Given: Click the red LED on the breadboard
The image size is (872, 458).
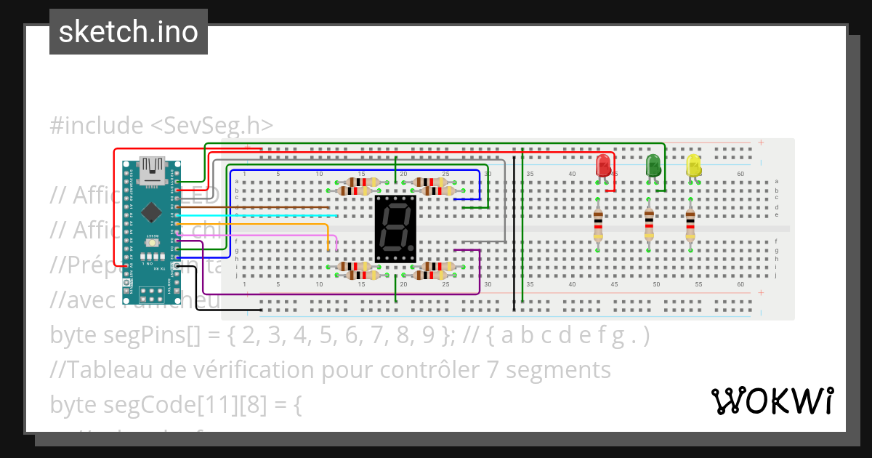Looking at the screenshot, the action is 603,166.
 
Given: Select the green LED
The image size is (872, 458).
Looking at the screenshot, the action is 653,166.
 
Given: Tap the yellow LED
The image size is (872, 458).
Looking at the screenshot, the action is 694,166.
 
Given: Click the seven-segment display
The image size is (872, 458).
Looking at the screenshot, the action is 395,228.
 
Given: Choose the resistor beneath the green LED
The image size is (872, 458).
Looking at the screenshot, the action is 649,224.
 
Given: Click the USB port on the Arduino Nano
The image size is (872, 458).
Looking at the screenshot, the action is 152,169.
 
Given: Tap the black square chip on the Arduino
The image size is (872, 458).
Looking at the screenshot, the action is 152,212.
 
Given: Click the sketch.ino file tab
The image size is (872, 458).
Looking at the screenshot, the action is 129,32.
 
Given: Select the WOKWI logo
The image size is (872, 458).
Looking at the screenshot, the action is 772,401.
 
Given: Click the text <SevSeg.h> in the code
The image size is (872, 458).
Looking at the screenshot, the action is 212,126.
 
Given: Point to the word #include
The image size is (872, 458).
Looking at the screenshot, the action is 97,126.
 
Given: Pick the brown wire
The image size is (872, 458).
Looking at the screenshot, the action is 276,207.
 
